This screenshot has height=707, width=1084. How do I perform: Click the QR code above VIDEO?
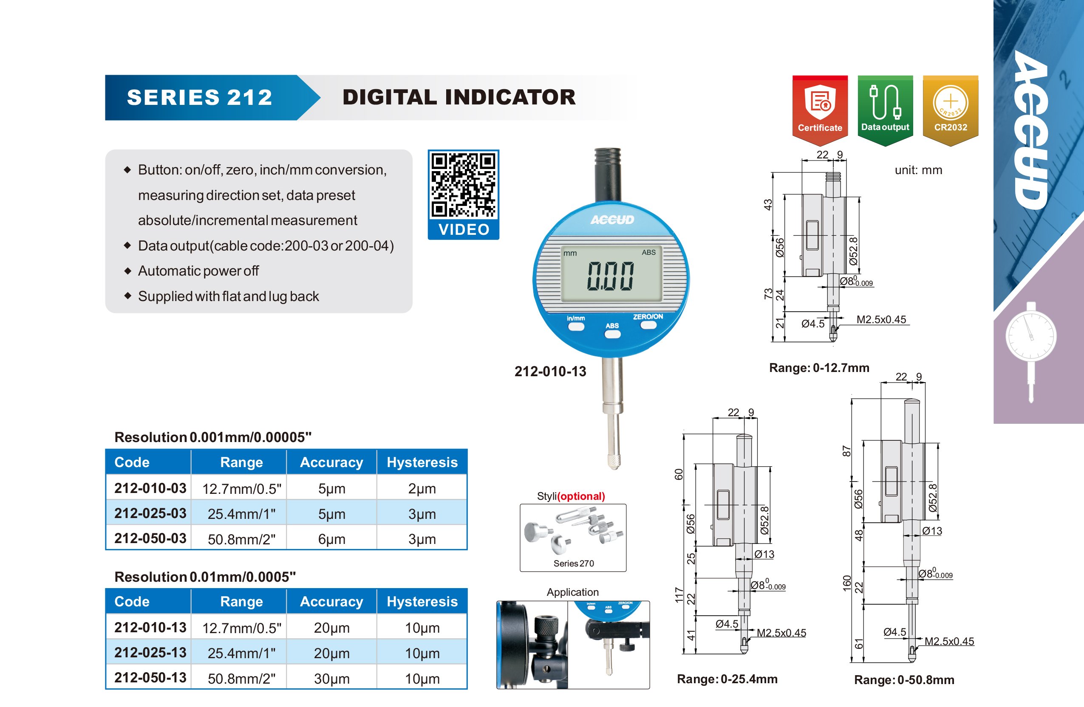click(x=463, y=185)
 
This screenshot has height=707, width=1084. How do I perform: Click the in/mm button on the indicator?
click(x=576, y=326)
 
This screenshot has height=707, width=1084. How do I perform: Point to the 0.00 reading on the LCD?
click(x=610, y=276)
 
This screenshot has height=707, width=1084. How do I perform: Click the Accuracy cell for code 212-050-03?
click(x=331, y=539)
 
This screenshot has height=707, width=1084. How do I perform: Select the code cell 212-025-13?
click(x=150, y=652)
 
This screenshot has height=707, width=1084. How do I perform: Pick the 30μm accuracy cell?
click(x=331, y=678)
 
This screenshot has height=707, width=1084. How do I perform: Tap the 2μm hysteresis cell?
click(x=422, y=488)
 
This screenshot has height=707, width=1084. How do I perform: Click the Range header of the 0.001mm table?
click(x=241, y=462)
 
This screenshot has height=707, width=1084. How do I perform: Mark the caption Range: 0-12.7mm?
click(x=819, y=367)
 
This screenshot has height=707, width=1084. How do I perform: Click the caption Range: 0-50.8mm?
click(x=904, y=680)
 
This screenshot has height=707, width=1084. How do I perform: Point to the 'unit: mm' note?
click(x=918, y=170)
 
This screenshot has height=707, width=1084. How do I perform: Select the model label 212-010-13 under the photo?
click(x=550, y=372)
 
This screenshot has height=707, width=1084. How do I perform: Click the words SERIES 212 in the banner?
click(x=199, y=97)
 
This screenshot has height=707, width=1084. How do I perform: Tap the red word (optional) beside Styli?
click(x=581, y=496)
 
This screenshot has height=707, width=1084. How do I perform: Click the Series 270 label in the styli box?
click(x=573, y=563)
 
